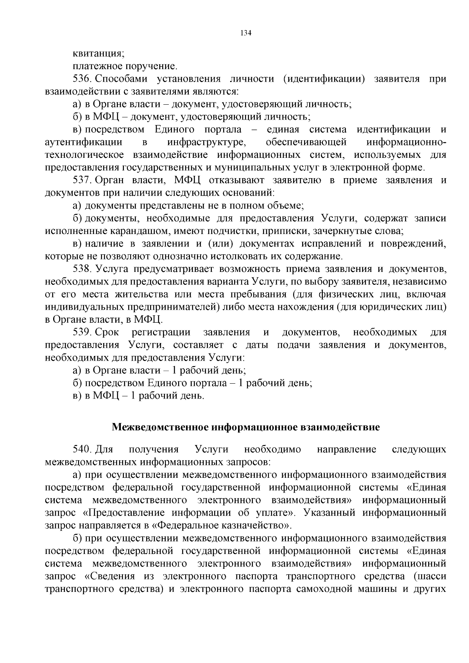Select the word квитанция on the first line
pyautogui.click(x=98, y=54)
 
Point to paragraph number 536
pyautogui.click(x=82, y=79)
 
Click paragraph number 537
pyautogui.click(x=82, y=180)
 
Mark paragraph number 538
pyautogui.click(x=82, y=269)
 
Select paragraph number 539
pyautogui.click(x=82, y=332)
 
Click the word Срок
pyautogui.click(x=107, y=332)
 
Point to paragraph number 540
pyautogui.click(x=82, y=450)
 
